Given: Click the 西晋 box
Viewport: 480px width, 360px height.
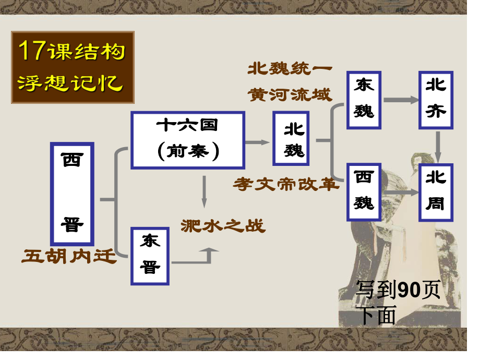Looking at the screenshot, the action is point(72,194).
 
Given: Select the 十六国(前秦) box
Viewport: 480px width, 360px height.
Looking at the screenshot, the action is point(188,140).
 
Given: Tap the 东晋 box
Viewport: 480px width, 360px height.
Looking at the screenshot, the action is point(150,256).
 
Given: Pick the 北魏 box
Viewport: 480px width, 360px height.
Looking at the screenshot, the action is point(291,138).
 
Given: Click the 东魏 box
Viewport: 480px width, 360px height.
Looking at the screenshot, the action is point(364,100).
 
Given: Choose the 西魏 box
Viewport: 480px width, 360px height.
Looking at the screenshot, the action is point(364,192).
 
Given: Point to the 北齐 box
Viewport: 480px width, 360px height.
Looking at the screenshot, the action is point(436,100).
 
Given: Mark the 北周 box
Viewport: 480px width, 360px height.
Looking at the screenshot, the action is point(436,192).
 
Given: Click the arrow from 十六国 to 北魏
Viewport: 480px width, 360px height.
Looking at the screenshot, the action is point(257,142).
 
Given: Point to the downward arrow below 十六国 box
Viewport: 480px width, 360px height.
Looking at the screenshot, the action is point(204,191).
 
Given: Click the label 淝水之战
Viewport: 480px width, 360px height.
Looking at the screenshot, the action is point(223,226).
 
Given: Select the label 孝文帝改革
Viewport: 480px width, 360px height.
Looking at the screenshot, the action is point(286,184).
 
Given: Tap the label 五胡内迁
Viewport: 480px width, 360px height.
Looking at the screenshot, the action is point(69,256).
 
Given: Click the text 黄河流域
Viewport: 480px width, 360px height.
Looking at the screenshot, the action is point(290,94).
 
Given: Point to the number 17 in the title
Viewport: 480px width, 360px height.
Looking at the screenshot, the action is point(32,50).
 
